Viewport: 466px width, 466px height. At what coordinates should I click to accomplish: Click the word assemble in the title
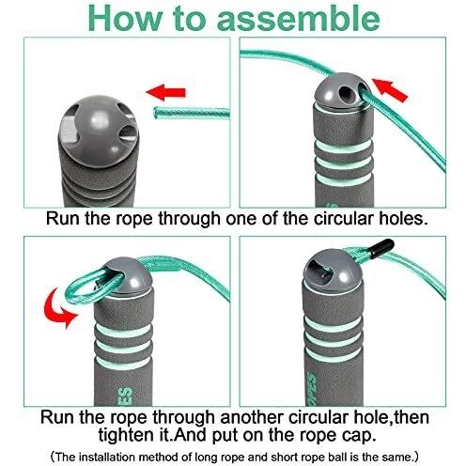pyautogui.click(x=298, y=19)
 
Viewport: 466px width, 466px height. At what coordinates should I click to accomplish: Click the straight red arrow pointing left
pyautogui.click(x=165, y=92)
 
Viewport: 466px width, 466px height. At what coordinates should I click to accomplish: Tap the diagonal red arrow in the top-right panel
pyautogui.click(x=390, y=89)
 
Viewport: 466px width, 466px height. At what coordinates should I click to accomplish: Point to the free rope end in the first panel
pyautogui.click(x=156, y=113)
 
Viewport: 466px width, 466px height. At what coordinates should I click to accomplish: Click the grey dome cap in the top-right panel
pyautogui.click(x=343, y=92)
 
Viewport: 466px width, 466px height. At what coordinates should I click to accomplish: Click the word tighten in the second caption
pyautogui.click(x=130, y=435)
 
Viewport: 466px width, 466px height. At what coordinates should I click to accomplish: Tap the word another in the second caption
pyautogui.click(x=253, y=417)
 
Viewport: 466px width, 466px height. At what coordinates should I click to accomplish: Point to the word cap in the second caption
pyautogui.click(x=359, y=435)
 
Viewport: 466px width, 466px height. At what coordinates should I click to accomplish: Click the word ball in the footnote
pyautogui.click(x=338, y=457)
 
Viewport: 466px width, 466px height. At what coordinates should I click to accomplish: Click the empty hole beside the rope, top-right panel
pyautogui.click(x=345, y=93)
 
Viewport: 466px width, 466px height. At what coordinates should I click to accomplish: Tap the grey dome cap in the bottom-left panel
pyautogui.click(x=129, y=275)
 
